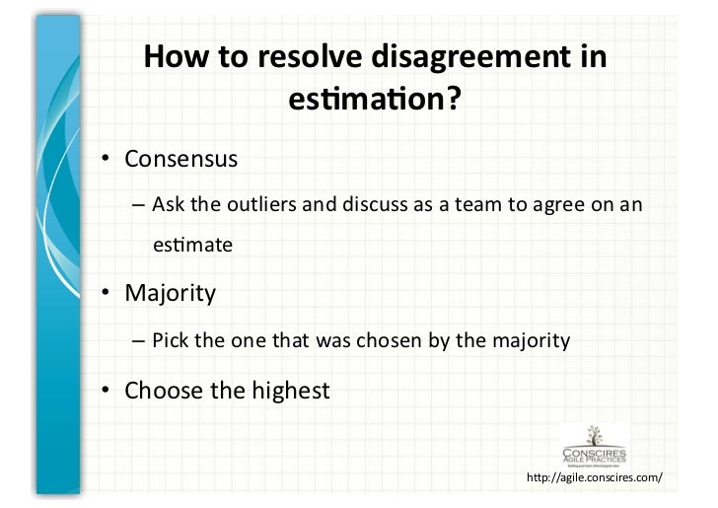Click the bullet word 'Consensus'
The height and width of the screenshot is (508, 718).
tap(181, 158)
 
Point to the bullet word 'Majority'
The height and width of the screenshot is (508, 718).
tap(170, 293)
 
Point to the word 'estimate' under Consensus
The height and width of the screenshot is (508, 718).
tap(192, 245)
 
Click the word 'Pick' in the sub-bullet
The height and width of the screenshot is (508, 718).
tap(169, 342)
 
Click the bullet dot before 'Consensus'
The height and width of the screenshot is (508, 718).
tap(104, 159)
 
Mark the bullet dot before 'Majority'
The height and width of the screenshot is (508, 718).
tap(104, 294)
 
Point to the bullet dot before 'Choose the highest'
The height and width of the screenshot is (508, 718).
tap(104, 392)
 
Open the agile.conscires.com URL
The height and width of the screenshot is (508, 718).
tap(596, 478)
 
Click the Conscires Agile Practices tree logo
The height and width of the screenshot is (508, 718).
tap(594, 443)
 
